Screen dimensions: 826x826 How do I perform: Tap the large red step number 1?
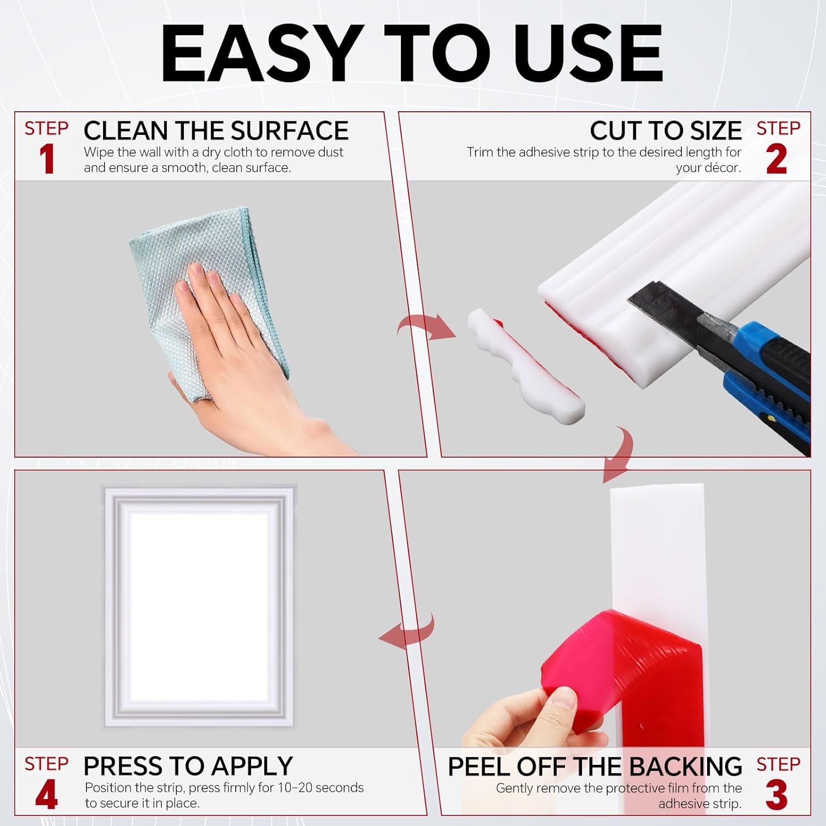47,160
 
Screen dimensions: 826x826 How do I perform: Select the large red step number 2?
776,160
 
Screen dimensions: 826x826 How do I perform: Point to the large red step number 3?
776,795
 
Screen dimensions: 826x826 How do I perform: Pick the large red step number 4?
47,795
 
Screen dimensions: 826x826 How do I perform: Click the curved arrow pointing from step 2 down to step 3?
619,454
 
